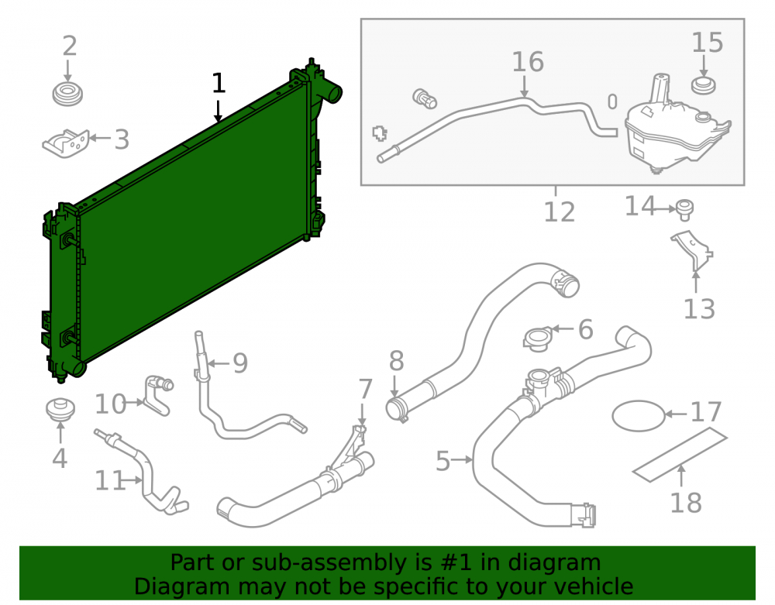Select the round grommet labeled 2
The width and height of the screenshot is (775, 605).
pos(67,94)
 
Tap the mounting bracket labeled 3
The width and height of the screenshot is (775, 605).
pos(66,144)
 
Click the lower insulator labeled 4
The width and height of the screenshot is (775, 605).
pos(60,410)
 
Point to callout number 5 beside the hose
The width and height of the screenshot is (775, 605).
pos(443,461)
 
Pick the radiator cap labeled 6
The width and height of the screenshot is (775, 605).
pos(537,339)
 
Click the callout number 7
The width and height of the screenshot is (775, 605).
pos(365,389)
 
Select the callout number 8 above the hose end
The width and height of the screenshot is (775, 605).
pos(396,361)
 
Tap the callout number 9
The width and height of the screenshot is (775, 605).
pos(240,363)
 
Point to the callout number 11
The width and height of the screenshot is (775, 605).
pos(110,480)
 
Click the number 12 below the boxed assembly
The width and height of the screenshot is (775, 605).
pos(560,212)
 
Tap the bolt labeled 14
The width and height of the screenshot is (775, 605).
pos(684,210)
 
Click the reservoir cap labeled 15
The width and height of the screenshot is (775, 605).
pos(703,85)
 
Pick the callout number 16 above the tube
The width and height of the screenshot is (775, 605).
pos(528,62)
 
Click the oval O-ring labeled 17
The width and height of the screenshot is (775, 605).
pos(639,416)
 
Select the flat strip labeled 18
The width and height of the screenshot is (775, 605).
pos(680,455)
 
